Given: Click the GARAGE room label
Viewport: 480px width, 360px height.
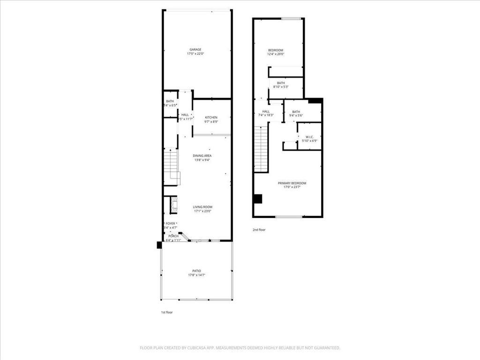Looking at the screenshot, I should pos(195,50).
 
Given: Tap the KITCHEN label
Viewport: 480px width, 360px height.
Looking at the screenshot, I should pos(211,117).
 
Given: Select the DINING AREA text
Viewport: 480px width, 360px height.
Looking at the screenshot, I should pos(202,156).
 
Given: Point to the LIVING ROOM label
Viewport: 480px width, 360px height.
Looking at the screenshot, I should pos(202,207).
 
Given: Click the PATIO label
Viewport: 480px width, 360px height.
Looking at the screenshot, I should pos(196,271).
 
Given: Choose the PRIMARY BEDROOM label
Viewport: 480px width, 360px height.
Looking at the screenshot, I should pos(292,183).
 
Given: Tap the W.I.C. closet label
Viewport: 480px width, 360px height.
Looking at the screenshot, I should pos(309,137).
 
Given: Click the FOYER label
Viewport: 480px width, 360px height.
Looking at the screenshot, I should pos(170,224).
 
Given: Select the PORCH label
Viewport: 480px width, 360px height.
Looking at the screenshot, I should pos(173,236).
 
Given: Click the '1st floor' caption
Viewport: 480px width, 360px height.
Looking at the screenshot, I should pos(166,312).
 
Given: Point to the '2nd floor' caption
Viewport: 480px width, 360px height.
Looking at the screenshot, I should pos(259,230).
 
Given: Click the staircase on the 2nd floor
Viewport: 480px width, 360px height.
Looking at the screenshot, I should pos(261,149).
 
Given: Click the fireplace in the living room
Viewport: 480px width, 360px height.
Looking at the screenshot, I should pos(173,205).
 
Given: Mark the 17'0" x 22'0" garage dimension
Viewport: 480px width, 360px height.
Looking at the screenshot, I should pos(195,54).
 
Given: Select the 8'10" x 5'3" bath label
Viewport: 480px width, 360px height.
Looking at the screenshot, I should pos(280,87).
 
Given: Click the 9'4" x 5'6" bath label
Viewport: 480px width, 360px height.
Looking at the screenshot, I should pos(296,115).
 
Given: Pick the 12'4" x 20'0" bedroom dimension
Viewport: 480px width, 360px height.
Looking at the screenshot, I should pos(276,54).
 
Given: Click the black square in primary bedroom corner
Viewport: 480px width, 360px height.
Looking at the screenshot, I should pos(257,199).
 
